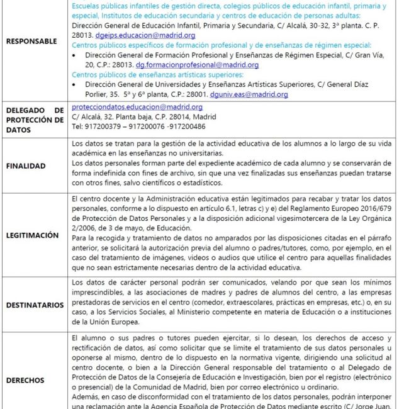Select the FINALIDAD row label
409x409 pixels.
tap(26, 166)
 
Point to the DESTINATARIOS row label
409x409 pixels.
tap(35, 305)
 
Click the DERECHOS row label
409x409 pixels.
tap(25, 380)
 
